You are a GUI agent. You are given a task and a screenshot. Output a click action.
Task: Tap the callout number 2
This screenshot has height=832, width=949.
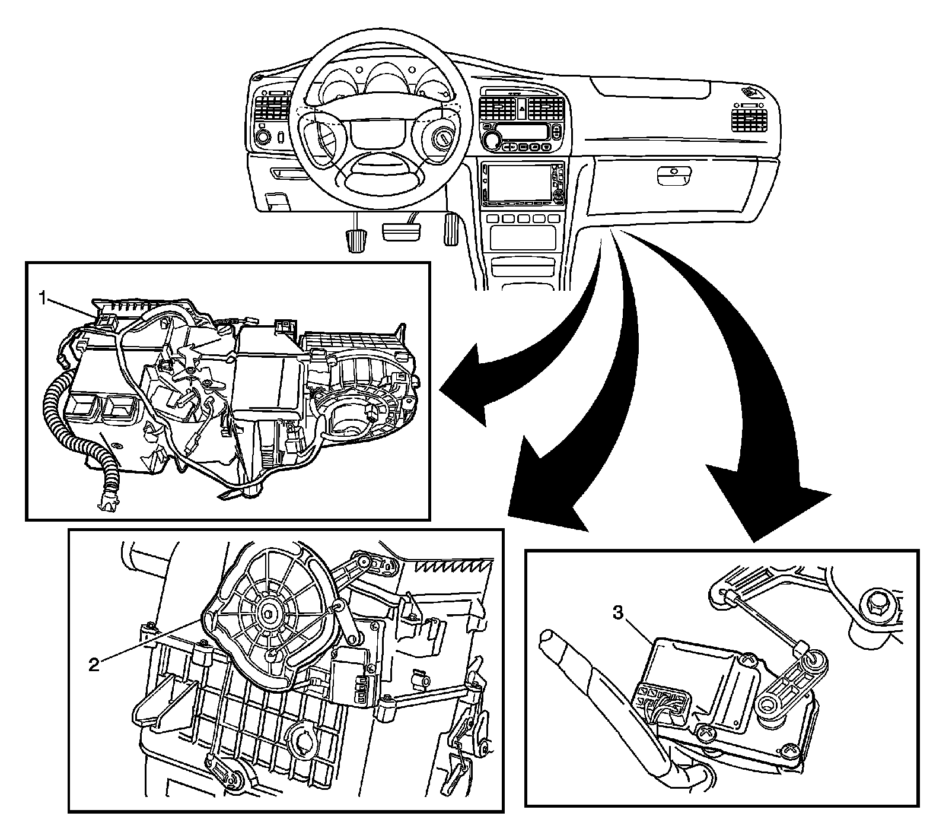(x=93, y=664)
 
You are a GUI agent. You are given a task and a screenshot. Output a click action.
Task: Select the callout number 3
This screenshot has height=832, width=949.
(x=618, y=614)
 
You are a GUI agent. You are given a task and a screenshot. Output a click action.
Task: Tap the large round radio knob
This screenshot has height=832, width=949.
(x=492, y=140)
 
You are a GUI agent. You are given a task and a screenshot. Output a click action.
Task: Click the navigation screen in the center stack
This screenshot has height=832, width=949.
(x=516, y=182)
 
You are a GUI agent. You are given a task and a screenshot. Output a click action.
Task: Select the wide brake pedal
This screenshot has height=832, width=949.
(x=401, y=231)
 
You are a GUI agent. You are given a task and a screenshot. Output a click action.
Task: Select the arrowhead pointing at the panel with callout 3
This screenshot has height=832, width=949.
(x=771, y=504)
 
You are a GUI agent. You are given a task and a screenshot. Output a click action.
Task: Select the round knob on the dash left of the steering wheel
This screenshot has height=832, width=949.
(x=262, y=138)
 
